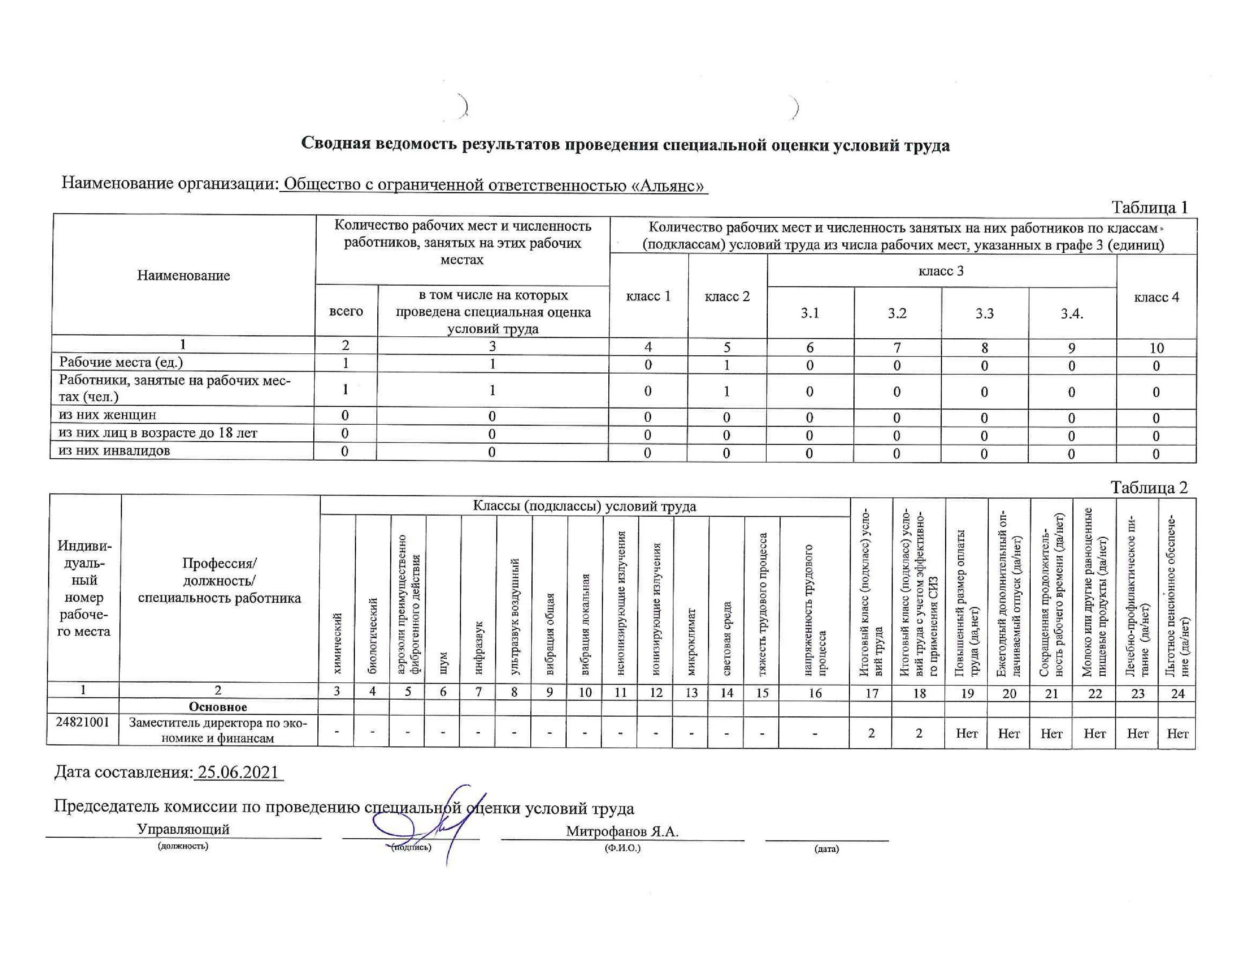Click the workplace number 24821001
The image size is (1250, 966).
pyautogui.click(x=83, y=722)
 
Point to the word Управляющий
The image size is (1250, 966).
pyautogui.click(x=183, y=828)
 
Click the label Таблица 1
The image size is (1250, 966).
pyautogui.click(x=1149, y=207)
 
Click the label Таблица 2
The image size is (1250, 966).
pyautogui.click(x=1149, y=487)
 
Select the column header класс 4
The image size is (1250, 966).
pyautogui.click(x=1156, y=297)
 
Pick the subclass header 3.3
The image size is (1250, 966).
pyautogui.click(x=984, y=313)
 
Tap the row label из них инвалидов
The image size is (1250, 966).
pyautogui.click(x=114, y=450)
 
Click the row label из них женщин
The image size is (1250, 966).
pyautogui.click(x=108, y=414)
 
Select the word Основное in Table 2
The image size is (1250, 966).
pyautogui.click(x=218, y=707)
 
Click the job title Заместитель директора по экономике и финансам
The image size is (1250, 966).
pyautogui.click(x=218, y=730)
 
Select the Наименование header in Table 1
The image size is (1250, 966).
pyautogui.click(x=183, y=275)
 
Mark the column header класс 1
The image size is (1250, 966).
pyautogui.click(x=648, y=296)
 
